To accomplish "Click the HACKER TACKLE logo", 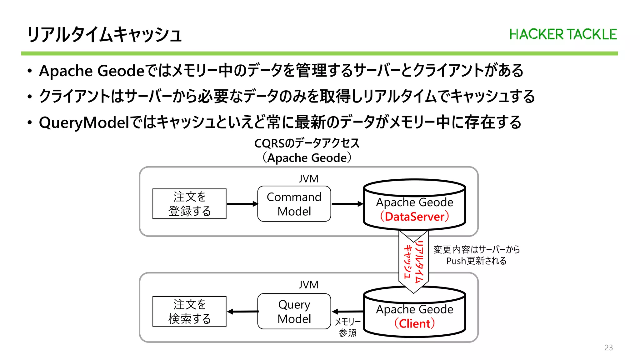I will pyautogui.click(x=563, y=34).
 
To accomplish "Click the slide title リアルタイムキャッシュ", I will pyautogui.click(x=104, y=34).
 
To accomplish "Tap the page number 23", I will pyautogui.click(x=608, y=347).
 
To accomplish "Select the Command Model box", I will pyautogui.click(x=294, y=204).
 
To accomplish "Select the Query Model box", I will pyautogui.click(x=294, y=311).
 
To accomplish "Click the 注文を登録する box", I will pyautogui.click(x=189, y=204).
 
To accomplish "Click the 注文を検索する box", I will pyautogui.click(x=189, y=311).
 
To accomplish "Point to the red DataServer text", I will pyautogui.click(x=414, y=217).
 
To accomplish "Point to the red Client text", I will pyautogui.click(x=414, y=323).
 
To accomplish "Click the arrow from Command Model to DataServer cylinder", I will pyautogui.click(x=347, y=204).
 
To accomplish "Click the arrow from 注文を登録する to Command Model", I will pyautogui.click(x=242, y=204).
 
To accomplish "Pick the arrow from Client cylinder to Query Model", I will pyautogui.click(x=347, y=312).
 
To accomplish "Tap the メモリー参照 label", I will pyautogui.click(x=347, y=327).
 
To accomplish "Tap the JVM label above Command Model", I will pyautogui.click(x=308, y=179).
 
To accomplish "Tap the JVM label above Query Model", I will pyautogui.click(x=308, y=285).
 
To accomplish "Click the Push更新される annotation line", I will pyautogui.click(x=476, y=261).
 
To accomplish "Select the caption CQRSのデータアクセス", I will pyautogui.click(x=307, y=143).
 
